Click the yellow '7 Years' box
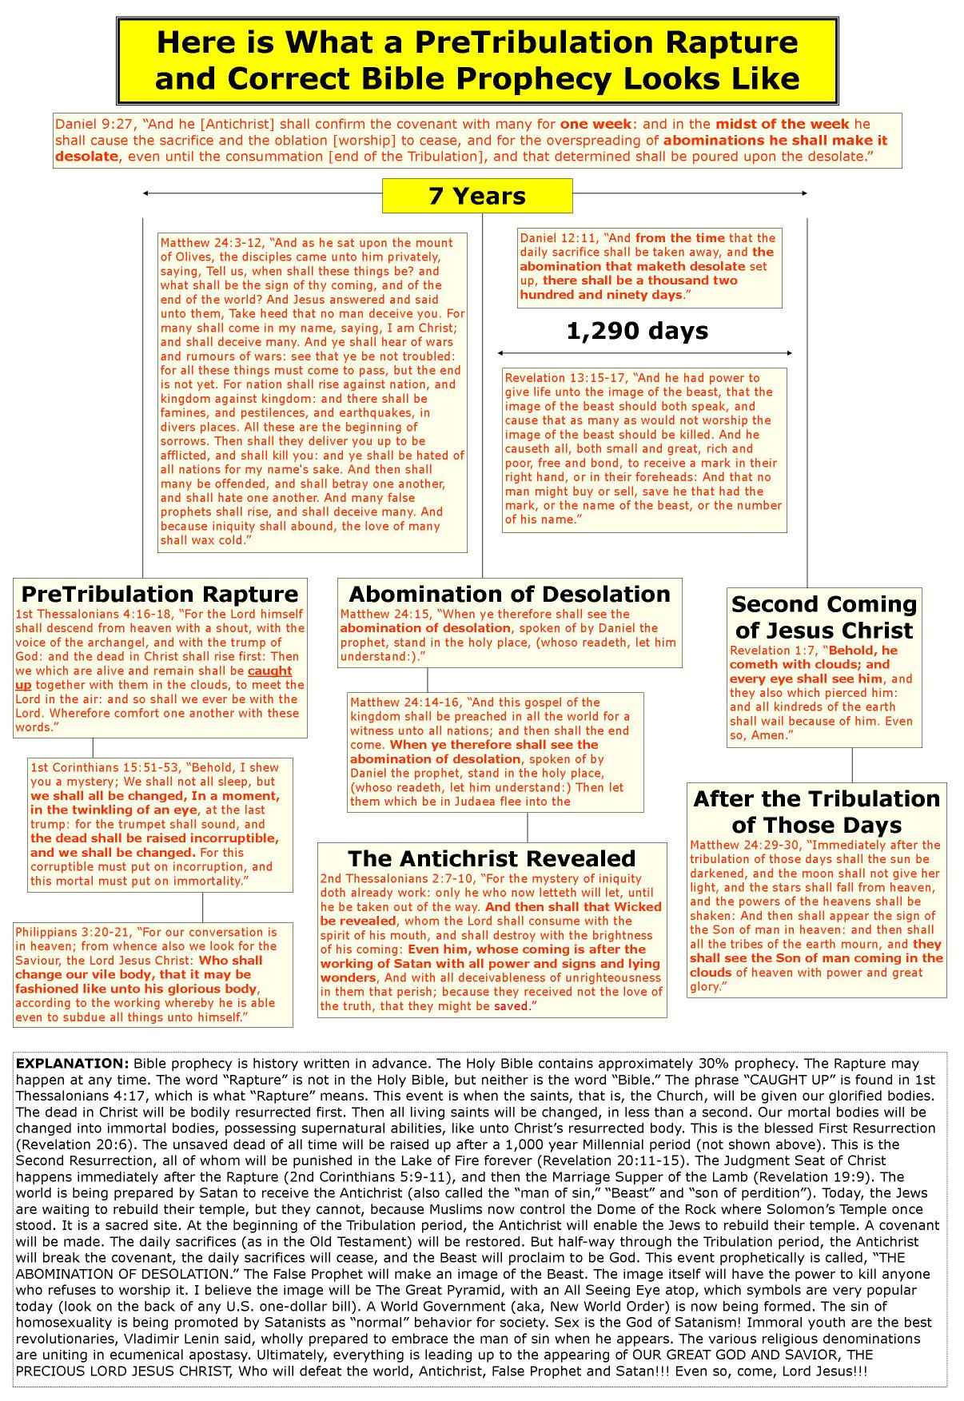(477, 196)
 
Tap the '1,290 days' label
(637, 331)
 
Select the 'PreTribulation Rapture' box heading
(160, 594)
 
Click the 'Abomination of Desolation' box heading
(509, 594)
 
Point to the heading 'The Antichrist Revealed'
(492, 858)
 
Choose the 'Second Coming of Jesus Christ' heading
(823, 616)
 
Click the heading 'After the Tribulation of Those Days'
(816, 811)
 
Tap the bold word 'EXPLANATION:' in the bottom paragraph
(72, 1064)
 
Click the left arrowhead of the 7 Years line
(145, 193)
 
